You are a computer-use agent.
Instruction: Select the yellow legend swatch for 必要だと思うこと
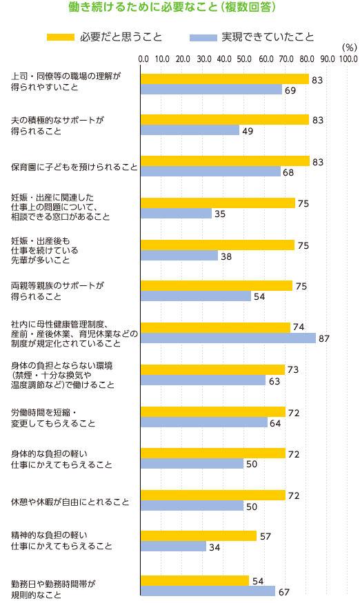click(x=60, y=37)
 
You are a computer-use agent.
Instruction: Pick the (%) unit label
click(x=348, y=48)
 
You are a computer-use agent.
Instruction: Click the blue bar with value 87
click(x=228, y=338)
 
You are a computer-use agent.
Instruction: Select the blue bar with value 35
click(x=176, y=214)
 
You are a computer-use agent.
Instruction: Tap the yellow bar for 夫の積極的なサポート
click(x=224, y=120)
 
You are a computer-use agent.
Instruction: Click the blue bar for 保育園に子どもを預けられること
click(x=210, y=172)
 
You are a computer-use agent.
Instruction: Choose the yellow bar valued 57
click(x=199, y=535)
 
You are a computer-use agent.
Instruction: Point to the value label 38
click(x=226, y=256)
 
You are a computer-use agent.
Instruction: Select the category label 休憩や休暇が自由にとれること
click(x=70, y=501)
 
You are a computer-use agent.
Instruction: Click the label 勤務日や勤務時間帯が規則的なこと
click(x=54, y=589)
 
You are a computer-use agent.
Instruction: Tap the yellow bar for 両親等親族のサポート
click(x=217, y=286)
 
